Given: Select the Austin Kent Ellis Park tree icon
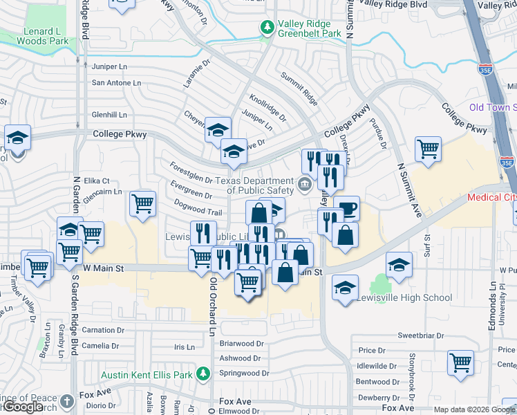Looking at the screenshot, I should pos(203,374).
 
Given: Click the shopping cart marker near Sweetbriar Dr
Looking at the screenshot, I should pos(460,362).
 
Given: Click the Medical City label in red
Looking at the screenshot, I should pos(491,197).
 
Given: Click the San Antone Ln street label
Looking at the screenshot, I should pos(116,83).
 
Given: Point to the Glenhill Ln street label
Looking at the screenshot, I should pos(110,115).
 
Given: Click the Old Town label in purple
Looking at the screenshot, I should pos(489,107).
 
